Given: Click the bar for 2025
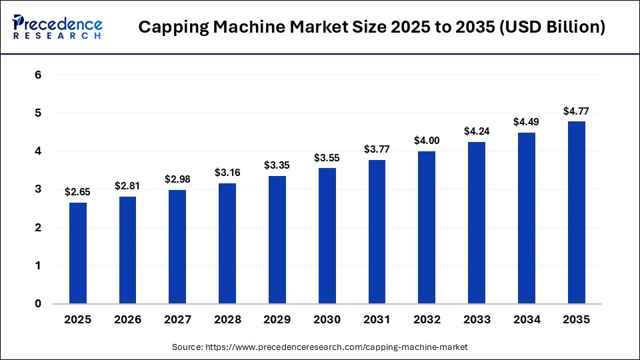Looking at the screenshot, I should point(78,253).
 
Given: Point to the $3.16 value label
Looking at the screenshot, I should point(227,172).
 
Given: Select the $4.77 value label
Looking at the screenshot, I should point(576,111).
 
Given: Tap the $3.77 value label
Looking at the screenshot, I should point(377,149).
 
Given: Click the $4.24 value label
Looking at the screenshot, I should point(477,131).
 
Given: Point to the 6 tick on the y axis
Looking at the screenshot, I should point(38,75).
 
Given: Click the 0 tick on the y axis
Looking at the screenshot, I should point(38,304).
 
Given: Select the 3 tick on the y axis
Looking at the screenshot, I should point(38,189).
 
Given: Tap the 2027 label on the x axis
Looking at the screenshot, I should point(177,320).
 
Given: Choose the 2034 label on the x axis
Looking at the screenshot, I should point(526,320).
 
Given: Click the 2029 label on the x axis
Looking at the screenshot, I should point(277,320).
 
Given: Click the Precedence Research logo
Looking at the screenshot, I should point(57,27).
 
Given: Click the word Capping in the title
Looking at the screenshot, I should point(171,27).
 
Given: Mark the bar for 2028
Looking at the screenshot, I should point(227,243).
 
